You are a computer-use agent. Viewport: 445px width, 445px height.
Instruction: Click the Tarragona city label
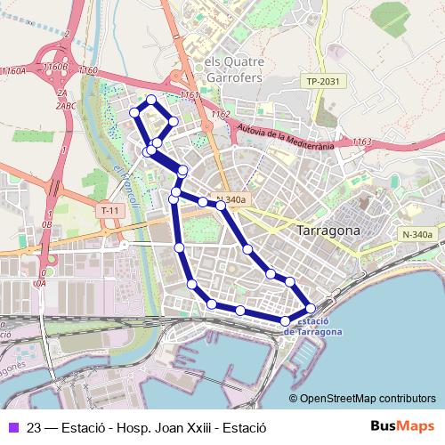tap(328, 230)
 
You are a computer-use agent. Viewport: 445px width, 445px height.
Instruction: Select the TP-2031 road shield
tap(324, 81)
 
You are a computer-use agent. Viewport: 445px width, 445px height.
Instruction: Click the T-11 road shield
tap(109, 210)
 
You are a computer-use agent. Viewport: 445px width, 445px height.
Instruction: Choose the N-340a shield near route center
tap(231, 200)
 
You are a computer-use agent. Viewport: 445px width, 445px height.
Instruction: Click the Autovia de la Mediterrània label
tap(285, 135)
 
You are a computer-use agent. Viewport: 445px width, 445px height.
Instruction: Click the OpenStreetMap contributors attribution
tap(368, 398)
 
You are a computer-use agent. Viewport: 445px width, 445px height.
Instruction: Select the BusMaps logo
tap(403, 426)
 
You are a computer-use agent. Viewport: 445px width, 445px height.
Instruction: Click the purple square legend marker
tap(13, 427)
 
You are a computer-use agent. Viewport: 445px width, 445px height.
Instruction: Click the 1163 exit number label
tap(361, 142)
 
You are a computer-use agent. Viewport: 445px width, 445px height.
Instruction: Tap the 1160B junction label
tap(55, 67)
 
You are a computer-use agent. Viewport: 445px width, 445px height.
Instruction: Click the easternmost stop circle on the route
tap(310, 308)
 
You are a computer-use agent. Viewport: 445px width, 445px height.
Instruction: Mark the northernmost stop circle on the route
tap(151, 100)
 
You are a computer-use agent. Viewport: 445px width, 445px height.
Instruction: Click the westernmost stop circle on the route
tap(135, 112)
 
